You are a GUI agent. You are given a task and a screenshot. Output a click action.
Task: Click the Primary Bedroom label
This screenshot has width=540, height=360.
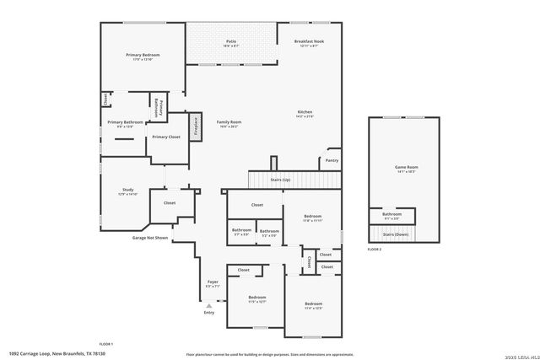point(143,55)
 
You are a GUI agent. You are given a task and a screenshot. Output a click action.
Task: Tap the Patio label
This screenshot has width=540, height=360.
point(231,41)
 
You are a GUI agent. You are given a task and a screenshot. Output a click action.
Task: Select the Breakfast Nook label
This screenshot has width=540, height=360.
point(309,41)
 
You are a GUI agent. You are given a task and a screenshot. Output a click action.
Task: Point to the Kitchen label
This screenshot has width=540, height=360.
point(305,113)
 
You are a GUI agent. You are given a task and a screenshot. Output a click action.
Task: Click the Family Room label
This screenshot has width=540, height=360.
point(228,123)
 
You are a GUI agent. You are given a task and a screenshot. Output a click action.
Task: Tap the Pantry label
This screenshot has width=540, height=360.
point(332,159)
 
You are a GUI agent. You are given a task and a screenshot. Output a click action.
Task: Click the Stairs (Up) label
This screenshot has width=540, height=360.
point(281,180)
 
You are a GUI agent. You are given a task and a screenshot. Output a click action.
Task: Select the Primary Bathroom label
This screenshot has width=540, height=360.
point(125,122)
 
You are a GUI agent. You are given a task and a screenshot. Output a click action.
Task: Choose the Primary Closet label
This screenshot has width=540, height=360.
point(166,137)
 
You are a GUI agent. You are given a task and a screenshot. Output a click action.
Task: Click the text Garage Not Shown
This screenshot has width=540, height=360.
point(149,238)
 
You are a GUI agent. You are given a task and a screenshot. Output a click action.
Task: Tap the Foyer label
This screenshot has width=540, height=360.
point(213,282)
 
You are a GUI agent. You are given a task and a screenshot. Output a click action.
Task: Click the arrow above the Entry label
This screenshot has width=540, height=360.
point(209,305)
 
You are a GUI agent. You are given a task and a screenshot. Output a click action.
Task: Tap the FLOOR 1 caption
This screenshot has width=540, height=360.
point(106,344)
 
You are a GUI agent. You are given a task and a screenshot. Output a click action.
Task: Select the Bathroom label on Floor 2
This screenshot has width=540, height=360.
point(391,214)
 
